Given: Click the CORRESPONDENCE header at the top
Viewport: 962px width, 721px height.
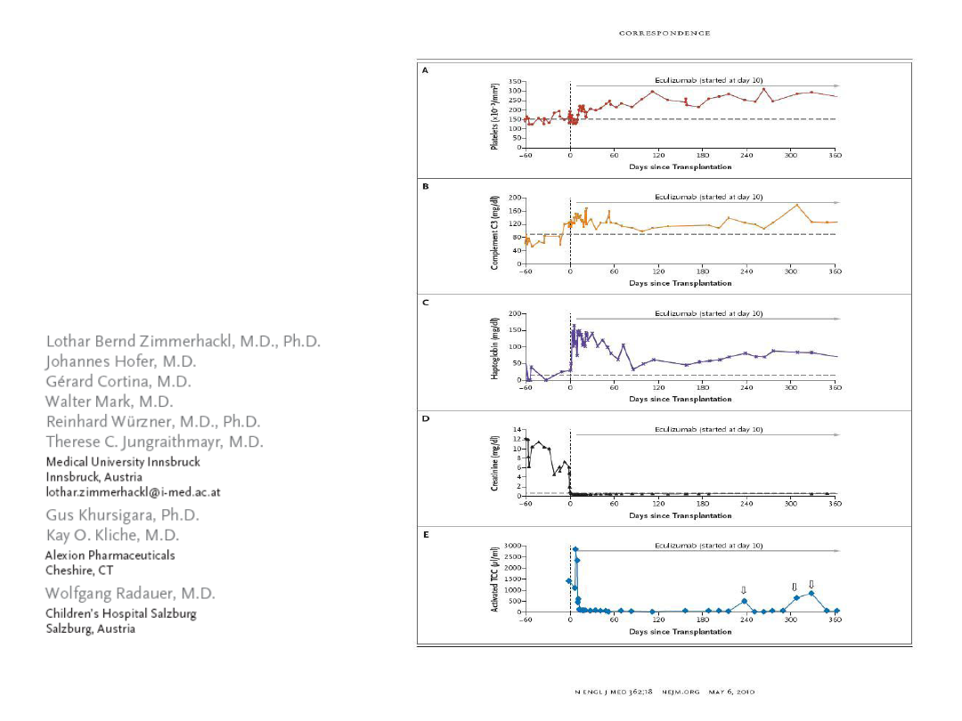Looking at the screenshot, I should [664, 34].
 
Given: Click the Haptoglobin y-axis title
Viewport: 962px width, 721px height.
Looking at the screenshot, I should [494, 348].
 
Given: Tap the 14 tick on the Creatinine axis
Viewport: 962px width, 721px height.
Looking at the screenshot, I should [516, 429].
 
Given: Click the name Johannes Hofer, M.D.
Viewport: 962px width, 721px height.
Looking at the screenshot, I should [121, 361].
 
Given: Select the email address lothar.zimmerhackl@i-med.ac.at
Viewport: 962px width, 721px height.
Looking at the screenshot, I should [133, 492].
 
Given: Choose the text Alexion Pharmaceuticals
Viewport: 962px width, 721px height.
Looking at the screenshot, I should [110, 555].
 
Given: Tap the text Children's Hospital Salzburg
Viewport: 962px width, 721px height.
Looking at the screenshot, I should [121, 614].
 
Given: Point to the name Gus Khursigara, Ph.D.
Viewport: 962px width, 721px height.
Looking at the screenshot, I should [123, 515].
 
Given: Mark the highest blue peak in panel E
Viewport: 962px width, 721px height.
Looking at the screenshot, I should [575, 549].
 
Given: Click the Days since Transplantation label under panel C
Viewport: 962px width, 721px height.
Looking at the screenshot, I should [680, 399].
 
